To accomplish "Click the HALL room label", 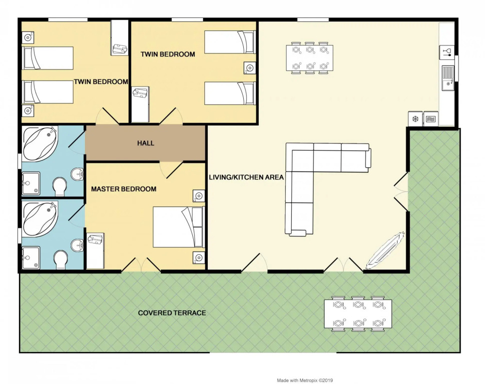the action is tap(146, 143).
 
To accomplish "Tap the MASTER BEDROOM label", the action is tap(123, 189).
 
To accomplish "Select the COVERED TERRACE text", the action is tap(172, 313).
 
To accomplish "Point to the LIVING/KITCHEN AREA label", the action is tap(246, 177).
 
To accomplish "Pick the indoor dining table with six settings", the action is tap(310, 58).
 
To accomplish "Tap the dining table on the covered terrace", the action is tap(358, 313).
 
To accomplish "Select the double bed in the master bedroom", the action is tap(179, 227).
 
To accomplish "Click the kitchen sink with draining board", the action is tap(448, 77).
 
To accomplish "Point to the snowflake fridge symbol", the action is tap(415, 119).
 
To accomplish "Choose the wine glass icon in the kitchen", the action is tap(447, 51).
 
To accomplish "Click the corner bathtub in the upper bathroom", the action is tap(40, 143).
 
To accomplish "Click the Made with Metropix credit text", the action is tap(305, 380).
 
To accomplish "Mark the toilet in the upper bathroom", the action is tap(60, 186).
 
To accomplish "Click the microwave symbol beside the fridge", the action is tap(431, 119).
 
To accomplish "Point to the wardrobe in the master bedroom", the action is tap(95, 251).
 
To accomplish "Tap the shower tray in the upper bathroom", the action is tap(31, 183).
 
